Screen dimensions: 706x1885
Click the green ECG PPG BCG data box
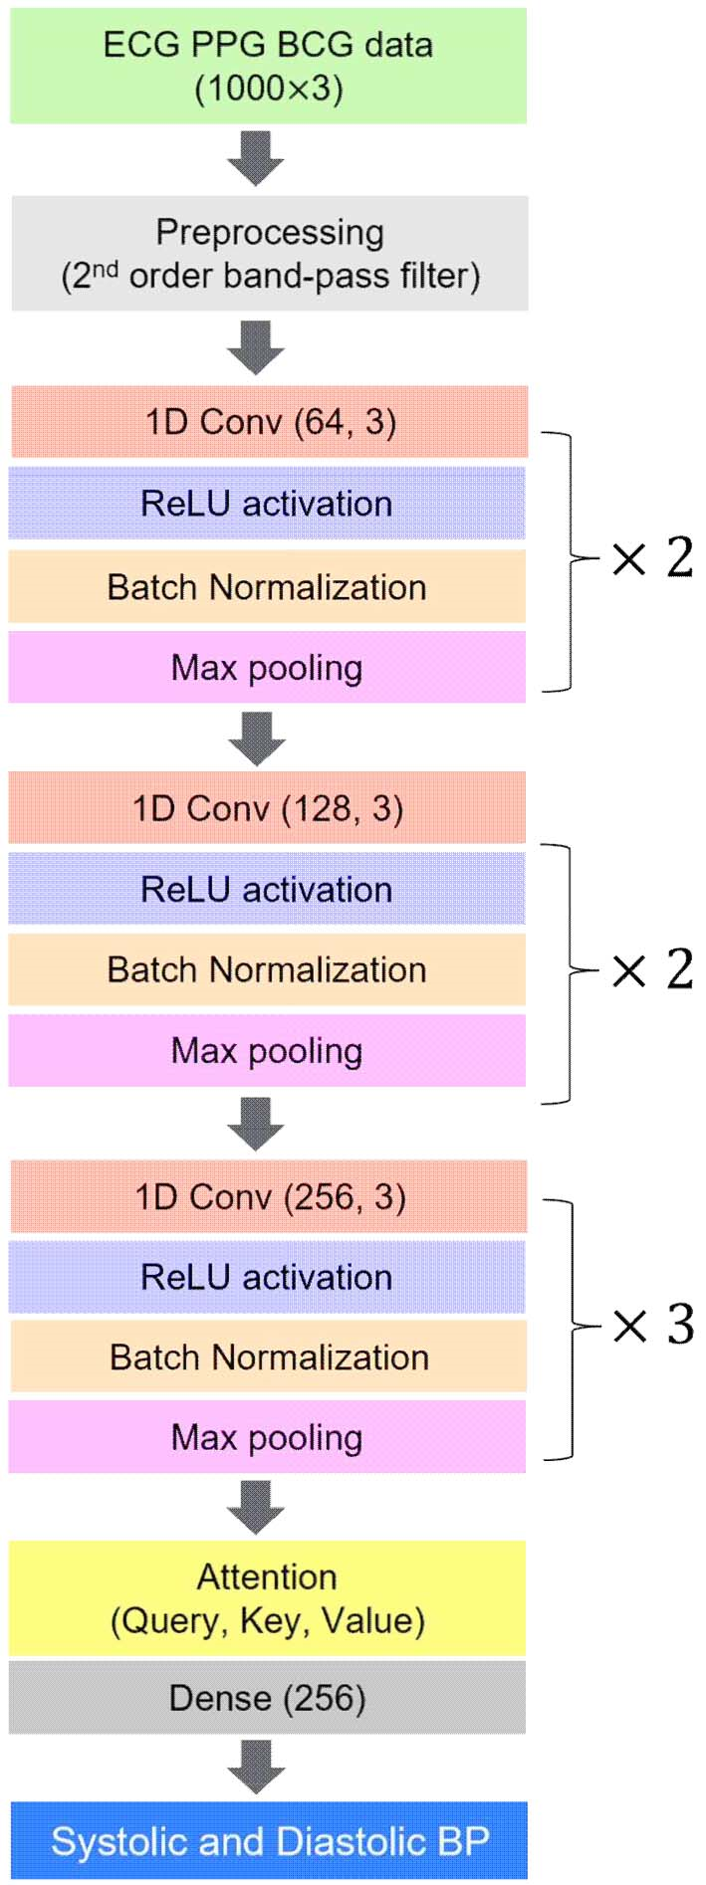pos(268,66)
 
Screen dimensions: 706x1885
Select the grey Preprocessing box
pos(270,253)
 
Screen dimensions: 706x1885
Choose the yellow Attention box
pos(268,1598)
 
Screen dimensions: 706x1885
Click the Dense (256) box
pos(268,1698)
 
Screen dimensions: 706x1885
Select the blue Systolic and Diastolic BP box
pos(270,1841)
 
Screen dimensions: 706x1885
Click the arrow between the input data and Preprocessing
pos(256,158)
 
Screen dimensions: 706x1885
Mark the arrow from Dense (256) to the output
pos(256,1768)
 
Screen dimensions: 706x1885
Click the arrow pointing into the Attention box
pos(256,1507)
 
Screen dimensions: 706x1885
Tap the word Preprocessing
pos(270,233)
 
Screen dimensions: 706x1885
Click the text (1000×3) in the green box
pos(269,89)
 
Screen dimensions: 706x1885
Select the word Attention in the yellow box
pos(267,1576)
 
